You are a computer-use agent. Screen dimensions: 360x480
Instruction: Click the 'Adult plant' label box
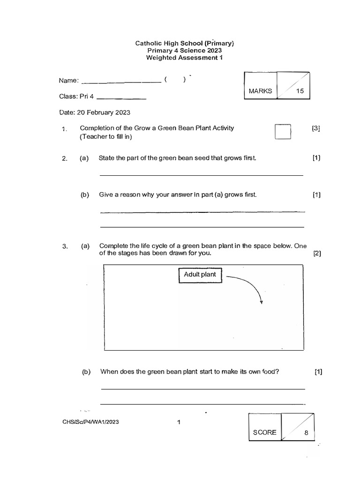(x=200, y=275)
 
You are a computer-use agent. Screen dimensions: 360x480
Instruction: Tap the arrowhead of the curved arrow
(x=261, y=302)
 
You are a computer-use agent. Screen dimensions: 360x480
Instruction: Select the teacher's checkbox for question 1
(x=283, y=132)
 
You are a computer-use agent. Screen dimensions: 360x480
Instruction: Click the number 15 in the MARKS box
(x=300, y=91)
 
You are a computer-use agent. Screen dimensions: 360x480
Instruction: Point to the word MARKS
(x=261, y=91)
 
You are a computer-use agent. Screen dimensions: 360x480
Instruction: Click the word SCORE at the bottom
(x=264, y=433)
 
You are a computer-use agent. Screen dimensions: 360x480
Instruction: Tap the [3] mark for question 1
(x=316, y=128)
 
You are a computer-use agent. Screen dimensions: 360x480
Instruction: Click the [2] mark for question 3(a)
(x=317, y=254)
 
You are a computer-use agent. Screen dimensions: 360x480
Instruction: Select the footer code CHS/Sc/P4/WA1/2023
(x=90, y=422)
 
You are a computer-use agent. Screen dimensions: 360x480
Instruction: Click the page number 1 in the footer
(x=179, y=422)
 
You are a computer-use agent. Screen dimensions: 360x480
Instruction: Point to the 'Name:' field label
(x=68, y=81)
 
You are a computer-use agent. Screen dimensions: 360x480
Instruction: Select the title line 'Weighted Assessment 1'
(x=184, y=58)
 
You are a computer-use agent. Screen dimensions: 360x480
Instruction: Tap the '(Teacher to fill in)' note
(x=107, y=137)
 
